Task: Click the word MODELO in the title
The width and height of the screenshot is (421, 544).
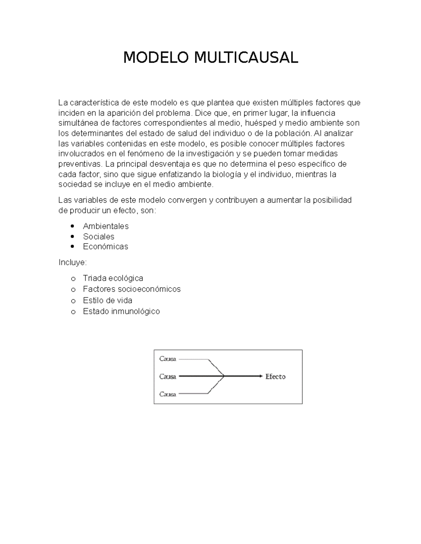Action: [156, 57]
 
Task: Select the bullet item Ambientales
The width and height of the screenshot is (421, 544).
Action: [106, 226]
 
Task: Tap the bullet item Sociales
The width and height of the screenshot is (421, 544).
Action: [99, 236]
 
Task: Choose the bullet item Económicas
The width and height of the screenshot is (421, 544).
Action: [105, 247]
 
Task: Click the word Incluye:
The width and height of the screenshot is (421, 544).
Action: [73, 262]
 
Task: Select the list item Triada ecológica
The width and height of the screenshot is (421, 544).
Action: [113, 278]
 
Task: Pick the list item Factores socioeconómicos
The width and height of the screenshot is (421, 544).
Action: [132, 289]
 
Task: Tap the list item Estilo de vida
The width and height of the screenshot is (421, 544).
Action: [107, 300]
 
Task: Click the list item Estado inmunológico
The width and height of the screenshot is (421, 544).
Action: [121, 311]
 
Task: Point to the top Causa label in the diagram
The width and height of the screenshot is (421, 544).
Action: [168, 359]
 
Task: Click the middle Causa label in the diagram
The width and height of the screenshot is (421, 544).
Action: [168, 377]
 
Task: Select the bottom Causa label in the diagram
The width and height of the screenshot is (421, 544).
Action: [168, 394]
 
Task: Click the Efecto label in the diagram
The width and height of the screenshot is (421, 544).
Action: [275, 377]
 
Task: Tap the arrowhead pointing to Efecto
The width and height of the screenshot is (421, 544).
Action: [260, 376]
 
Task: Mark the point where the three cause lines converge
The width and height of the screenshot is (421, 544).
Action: [224, 376]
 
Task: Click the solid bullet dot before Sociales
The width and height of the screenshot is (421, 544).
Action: [73, 236]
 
